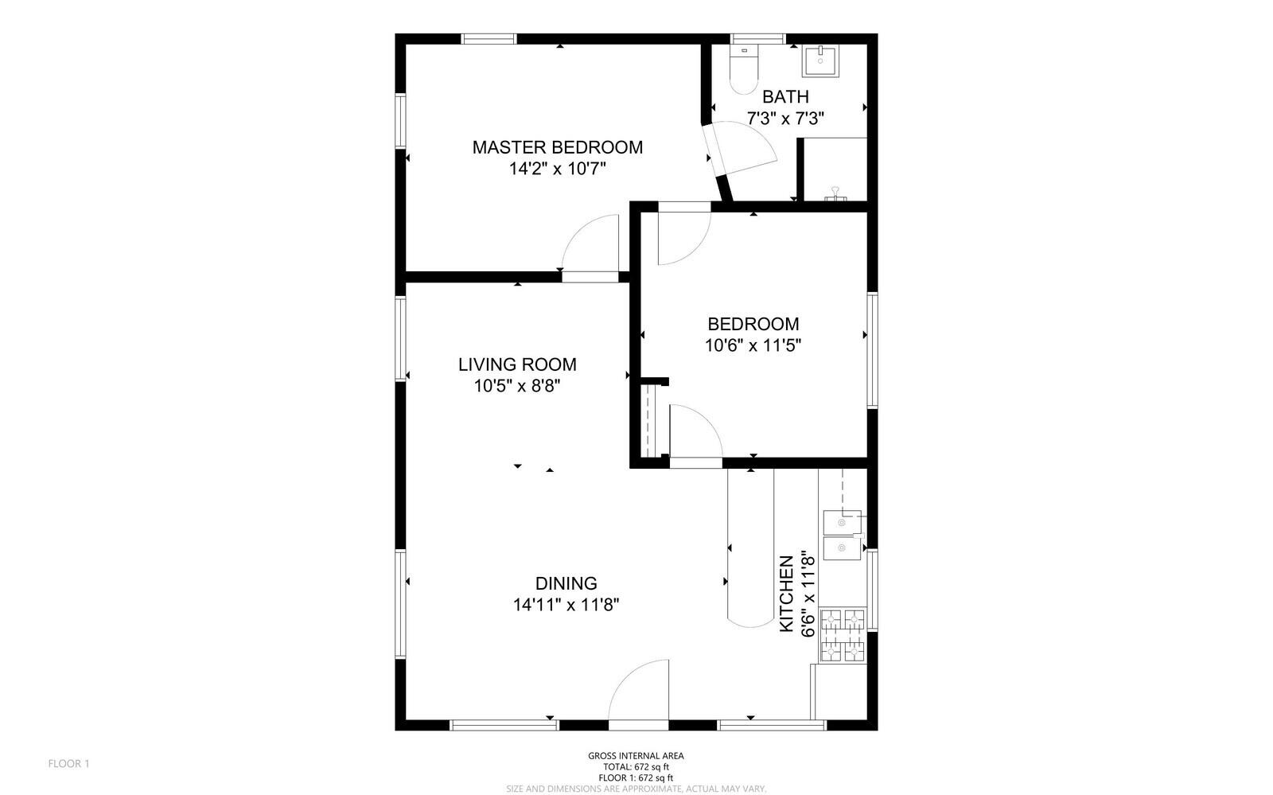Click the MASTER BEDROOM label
click(557, 147)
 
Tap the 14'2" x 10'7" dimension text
click(557, 169)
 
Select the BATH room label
click(785, 97)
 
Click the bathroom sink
click(819, 60)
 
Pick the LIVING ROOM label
click(517, 364)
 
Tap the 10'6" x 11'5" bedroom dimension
click(753, 345)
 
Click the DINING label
click(566, 583)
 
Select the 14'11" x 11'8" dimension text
click(566, 605)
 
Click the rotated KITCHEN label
click(786, 594)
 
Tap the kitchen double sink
click(842, 536)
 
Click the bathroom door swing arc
click(745, 147)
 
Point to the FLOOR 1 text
click(69, 764)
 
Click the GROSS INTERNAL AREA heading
click(636, 756)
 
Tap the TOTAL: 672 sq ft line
click(636, 767)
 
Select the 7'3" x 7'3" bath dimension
click(785, 119)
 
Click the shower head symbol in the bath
click(835, 193)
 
